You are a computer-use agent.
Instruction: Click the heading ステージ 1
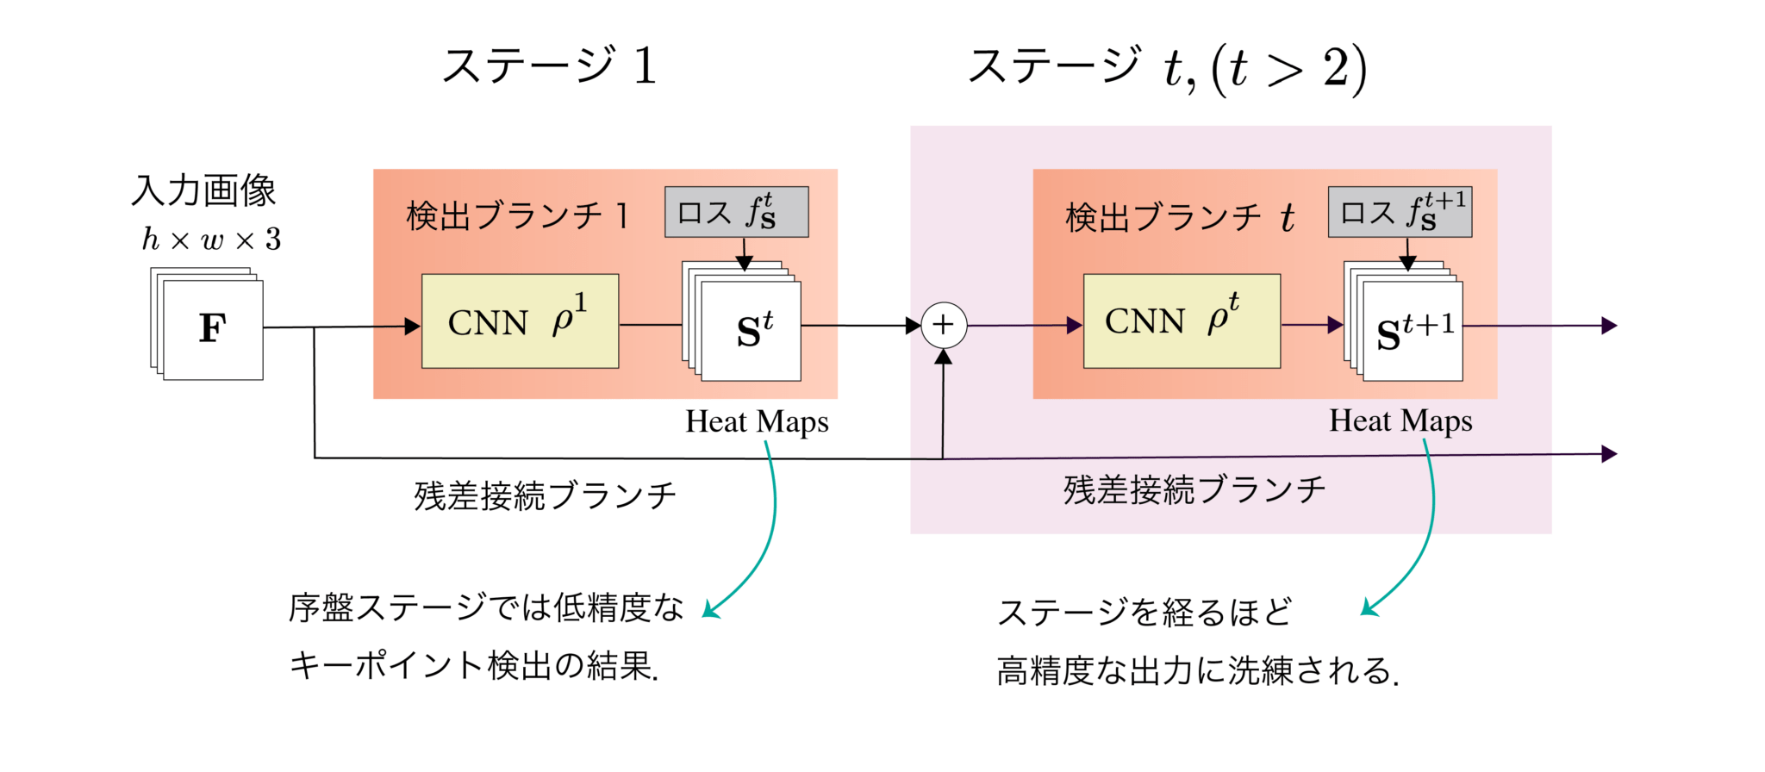click(x=549, y=66)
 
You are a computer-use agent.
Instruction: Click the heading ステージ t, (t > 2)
click(x=1167, y=68)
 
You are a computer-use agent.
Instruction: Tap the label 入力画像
click(x=203, y=190)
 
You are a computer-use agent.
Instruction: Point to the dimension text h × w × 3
click(x=211, y=239)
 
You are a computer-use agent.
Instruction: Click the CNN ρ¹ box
click(x=520, y=321)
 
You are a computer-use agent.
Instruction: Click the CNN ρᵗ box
click(x=1182, y=321)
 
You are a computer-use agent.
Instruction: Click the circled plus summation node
click(x=944, y=326)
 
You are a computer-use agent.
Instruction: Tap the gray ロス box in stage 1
click(x=736, y=212)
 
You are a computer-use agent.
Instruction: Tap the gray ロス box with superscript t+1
click(x=1400, y=212)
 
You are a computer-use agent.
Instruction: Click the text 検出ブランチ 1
click(x=518, y=216)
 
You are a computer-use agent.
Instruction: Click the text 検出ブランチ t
click(x=1179, y=217)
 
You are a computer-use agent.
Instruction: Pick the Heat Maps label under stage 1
click(x=757, y=421)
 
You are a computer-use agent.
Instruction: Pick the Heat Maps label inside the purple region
click(x=1400, y=420)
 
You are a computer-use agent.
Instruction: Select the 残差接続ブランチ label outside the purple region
click(x=545, y=495)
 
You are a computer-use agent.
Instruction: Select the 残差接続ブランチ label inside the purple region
click(x=1194, y=489)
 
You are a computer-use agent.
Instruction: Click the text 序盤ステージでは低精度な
click(x=486, y=608)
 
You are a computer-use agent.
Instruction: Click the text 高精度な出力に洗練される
click(x=1197, y=670)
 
